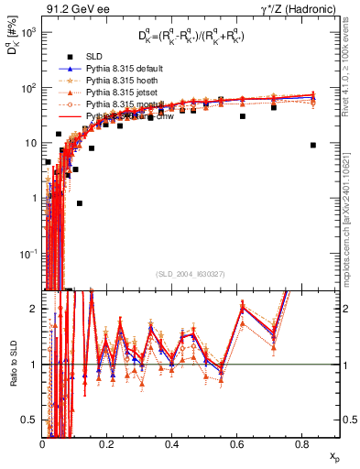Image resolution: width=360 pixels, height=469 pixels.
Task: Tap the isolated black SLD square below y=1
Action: [80, 203]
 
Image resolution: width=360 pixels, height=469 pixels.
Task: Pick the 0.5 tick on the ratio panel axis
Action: [33, 420]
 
